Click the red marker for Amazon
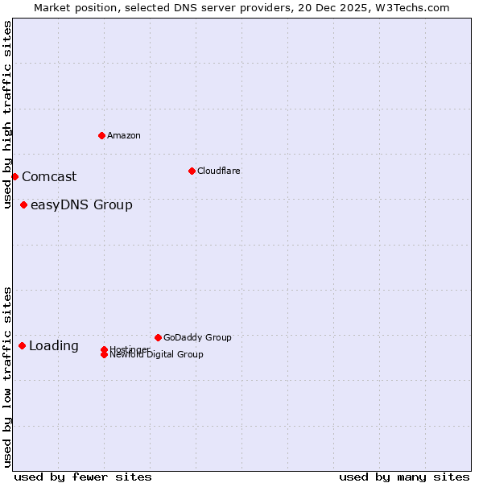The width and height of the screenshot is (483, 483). (101, 135)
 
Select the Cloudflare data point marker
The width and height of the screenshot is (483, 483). (192, 171)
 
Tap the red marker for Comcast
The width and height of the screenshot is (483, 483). (14, 176)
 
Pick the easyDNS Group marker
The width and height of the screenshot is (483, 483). (23, 204)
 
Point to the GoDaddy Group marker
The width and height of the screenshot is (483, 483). (158, 337)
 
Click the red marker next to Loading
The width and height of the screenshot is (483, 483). (22, 345)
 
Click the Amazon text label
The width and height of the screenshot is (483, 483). (124, 135)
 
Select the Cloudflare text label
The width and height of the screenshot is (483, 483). (219, 171)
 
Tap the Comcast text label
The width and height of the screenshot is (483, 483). (49, 177)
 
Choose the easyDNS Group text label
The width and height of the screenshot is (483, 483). (81, 205)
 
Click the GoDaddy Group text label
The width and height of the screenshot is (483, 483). (197, 337)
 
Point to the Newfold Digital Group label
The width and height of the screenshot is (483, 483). (157, 355)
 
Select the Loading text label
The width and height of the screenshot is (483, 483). (54, 346)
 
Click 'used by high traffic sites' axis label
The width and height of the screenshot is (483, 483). (8, 115)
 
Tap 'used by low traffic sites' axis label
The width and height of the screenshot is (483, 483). (8, 377)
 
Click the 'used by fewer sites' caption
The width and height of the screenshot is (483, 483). (83, 477)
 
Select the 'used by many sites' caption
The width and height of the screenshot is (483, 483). (404, 477)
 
